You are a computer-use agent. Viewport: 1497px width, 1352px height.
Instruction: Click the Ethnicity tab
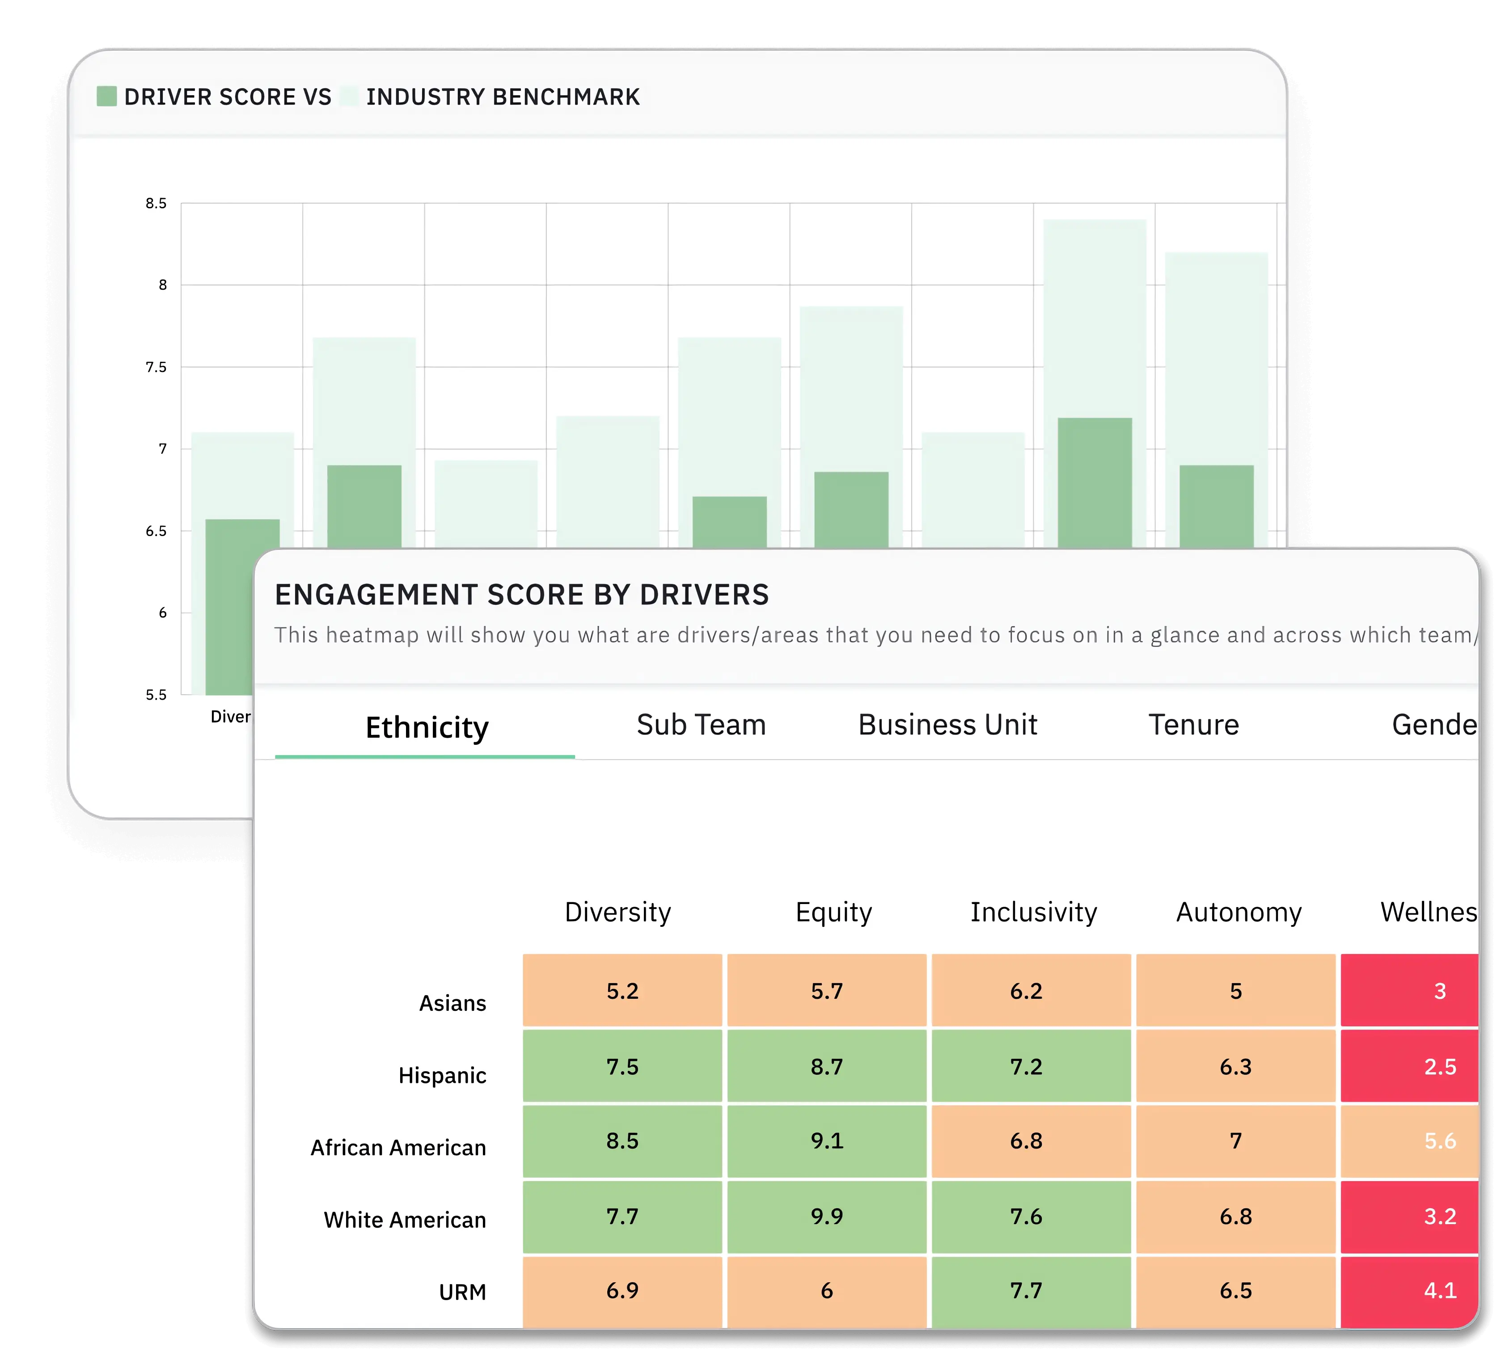[x=427, y=727]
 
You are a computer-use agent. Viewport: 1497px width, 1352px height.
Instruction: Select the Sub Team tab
[x=701, y=725]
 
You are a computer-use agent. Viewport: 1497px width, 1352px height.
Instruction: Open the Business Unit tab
[x=947, y=725]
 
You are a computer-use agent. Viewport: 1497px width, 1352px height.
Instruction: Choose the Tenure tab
[x=1193, y=725]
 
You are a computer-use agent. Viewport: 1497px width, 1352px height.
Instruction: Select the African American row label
[x=398, y=1148]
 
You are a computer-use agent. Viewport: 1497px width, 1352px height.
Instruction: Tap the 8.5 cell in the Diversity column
[x=622, y=1141]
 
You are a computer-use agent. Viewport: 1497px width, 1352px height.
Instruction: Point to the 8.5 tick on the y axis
[x=156, y=203]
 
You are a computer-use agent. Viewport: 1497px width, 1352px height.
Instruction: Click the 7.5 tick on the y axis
[x=156, y=367]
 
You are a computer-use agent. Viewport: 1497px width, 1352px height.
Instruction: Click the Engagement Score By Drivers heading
[x=521, y=595]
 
